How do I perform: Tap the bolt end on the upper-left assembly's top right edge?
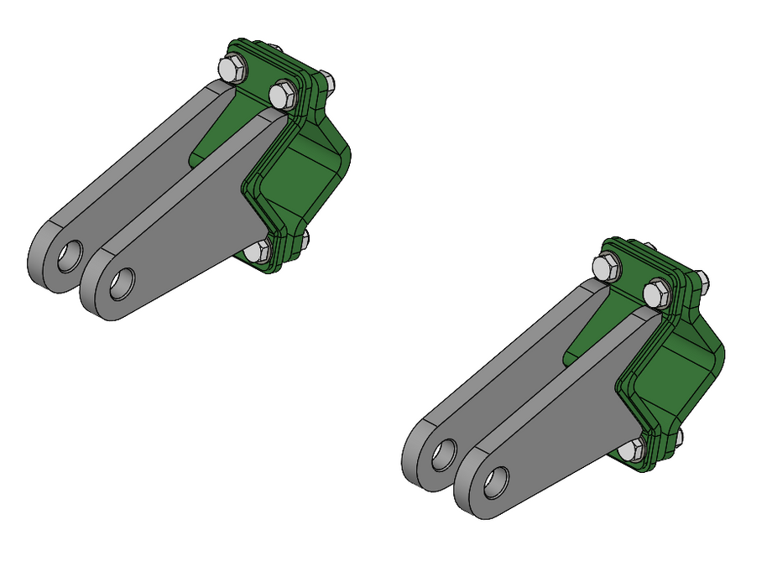pyautogui.click(x=328, y=82)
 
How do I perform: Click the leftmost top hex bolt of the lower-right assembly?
pyautogui.click(x=605, y=268)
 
